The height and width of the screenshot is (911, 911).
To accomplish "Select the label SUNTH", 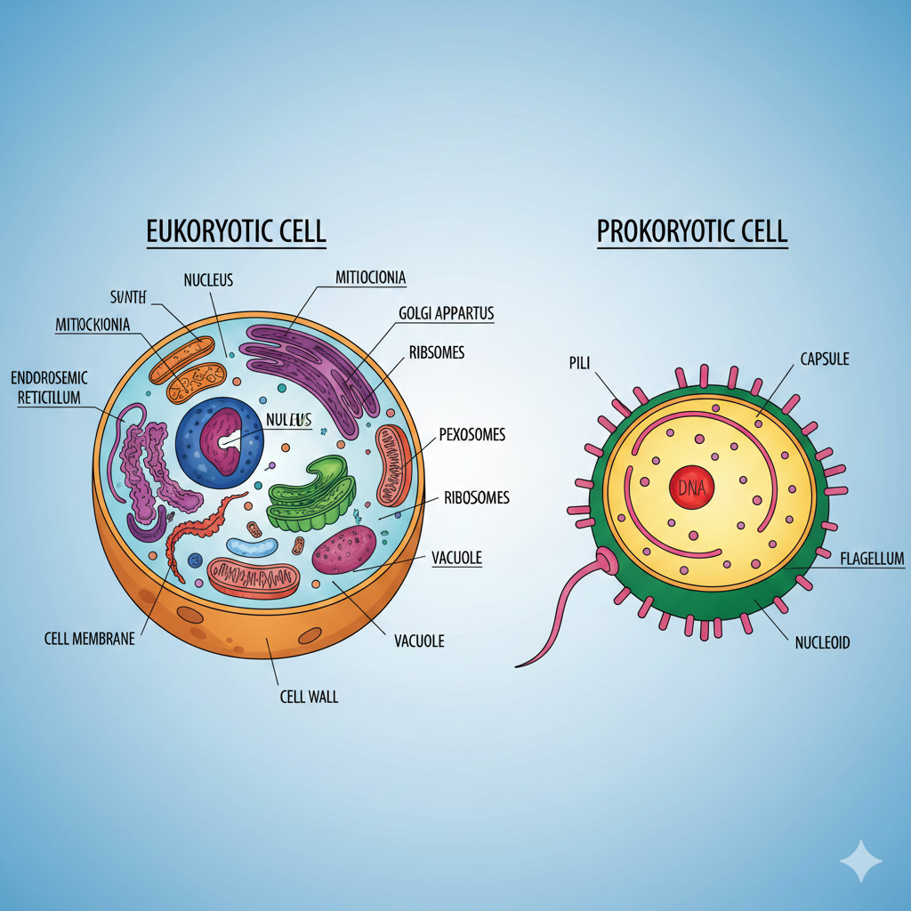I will (127, 297).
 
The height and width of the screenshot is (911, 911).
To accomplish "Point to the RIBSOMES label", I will (437, 352).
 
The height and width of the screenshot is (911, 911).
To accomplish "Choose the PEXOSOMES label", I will (472, 435).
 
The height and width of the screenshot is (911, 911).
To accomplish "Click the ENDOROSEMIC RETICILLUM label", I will (50, 388).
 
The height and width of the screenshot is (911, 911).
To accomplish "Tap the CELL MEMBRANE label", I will (89, 638).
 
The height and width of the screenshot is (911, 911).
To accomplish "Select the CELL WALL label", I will (308, 697).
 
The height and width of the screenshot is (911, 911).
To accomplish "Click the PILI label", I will (579, 363).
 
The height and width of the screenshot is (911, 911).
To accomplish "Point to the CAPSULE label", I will (825, 359).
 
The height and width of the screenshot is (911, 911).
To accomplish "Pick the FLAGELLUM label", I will (872, 559).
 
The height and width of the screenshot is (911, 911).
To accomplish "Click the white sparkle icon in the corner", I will (861, 860).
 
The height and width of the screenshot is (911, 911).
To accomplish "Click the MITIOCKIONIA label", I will (93, 325).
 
